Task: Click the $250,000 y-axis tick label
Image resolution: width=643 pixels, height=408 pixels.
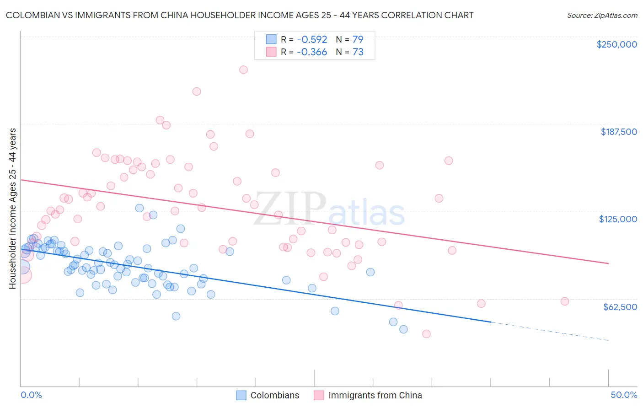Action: pos(616,44)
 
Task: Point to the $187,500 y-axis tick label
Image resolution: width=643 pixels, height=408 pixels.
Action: pos(618,132)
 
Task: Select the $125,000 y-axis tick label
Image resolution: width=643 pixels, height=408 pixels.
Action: pos(618,219)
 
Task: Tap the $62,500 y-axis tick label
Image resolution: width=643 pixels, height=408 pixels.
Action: pos(620,307)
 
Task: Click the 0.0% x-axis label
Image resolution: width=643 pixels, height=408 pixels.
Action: pos(31,395)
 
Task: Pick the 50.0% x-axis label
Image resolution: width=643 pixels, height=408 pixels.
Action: pos(623,395)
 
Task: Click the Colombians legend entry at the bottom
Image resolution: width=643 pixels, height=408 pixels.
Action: pos(274,395)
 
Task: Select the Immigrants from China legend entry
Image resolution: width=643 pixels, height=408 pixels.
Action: pos(375,395)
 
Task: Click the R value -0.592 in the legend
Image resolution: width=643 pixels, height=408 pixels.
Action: pos(311,39)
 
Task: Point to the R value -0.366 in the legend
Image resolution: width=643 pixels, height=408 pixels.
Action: pos(311,52)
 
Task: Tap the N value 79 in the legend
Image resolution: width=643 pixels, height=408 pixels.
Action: pos(358,39)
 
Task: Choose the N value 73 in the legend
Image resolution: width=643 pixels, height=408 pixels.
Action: pos(358,52)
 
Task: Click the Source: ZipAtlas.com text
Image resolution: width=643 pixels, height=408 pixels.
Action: pos(602,16)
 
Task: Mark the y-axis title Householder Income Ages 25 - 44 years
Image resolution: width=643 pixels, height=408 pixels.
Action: pos(12,209)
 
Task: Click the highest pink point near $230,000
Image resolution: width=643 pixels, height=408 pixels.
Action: pos(243,70)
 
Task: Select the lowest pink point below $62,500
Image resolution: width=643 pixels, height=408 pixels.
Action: pos(426,334)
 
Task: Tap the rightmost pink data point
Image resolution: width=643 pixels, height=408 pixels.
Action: pos(564,301)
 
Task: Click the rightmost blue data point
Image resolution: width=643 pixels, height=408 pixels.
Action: pos(403,329)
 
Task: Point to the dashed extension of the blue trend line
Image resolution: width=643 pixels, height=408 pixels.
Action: pos(549,331)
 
